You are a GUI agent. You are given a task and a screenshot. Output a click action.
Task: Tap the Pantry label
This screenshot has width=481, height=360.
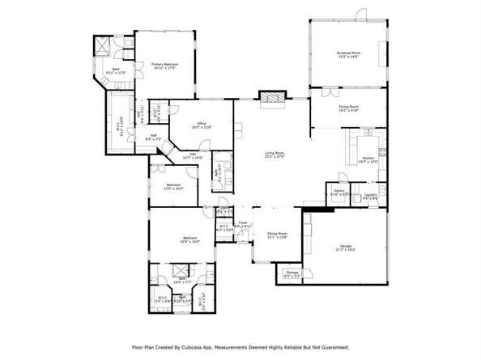click(x=339, y=193)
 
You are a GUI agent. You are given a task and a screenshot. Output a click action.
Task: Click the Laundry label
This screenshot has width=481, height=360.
click(x=371, y=195)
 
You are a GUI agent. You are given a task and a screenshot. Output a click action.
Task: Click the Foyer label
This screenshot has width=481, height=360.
click(x=242, y=224)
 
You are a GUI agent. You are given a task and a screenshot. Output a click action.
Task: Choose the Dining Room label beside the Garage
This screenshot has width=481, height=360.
click(x=278, y=235)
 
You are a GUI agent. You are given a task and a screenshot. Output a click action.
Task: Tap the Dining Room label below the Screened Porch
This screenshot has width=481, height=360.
click(x=348, y=108)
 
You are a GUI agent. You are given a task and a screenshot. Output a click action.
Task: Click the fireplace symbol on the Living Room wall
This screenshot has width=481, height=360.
click(x=271, y=97)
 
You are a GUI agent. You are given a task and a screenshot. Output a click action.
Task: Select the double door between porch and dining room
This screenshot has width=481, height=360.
click(x=348, y=87)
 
